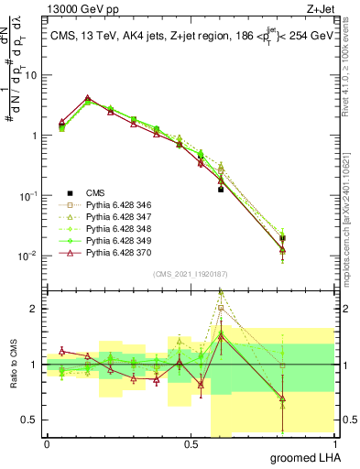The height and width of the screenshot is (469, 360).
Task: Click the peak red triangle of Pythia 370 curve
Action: (87, 98)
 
